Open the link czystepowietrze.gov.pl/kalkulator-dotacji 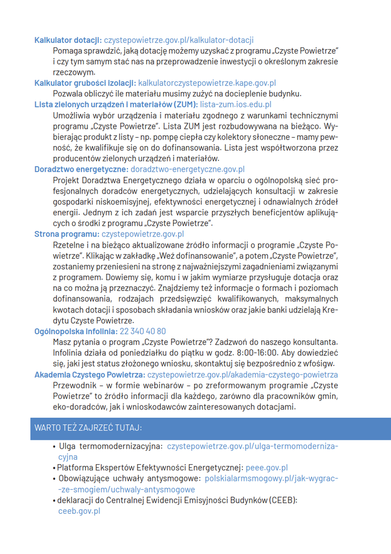tap(179, 40)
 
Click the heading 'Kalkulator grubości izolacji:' tap(85, 83)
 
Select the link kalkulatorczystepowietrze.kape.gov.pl tap(207, 83)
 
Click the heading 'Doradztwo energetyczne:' tap(82, 169)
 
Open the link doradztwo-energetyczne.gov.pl tap(188, 169)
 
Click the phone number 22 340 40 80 tap(143, 331)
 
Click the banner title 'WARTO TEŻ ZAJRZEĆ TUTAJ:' tap(88, 428)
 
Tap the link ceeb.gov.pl tap(79, 510)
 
